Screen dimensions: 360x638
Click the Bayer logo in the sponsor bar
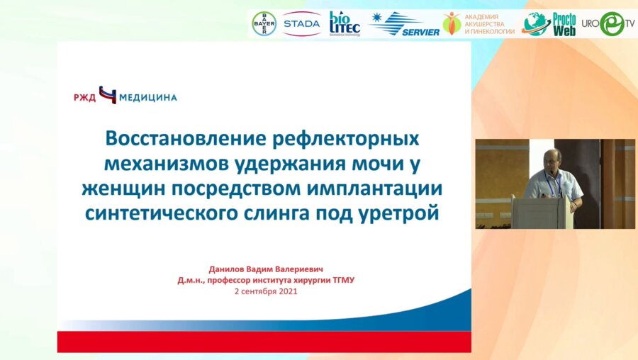point(264,23)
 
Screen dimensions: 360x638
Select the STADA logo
point(301,23)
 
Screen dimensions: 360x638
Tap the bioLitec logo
point(345,23)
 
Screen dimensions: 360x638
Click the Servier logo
point(405,24)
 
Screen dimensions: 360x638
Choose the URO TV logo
point(608,24)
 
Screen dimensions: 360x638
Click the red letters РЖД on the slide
point(84,97)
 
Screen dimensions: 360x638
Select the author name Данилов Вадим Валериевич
point(264,269)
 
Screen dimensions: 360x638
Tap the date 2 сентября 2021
point(265,291)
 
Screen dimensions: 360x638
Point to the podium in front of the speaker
point(539,213)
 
